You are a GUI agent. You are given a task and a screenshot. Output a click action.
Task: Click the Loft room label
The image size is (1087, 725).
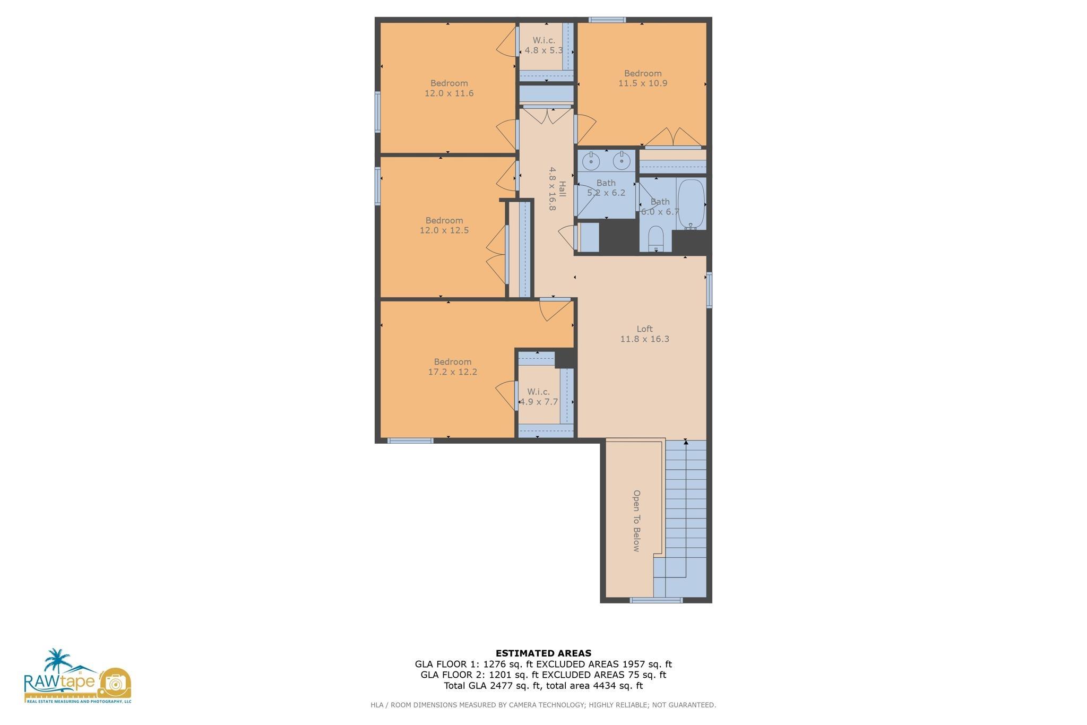click(x=644, y=329)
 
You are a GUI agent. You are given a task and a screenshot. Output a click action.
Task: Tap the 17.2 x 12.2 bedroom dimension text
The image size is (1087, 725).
click(x=453, y=372)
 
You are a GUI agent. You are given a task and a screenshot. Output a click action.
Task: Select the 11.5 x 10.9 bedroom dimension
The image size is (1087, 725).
click(x=643, y=83)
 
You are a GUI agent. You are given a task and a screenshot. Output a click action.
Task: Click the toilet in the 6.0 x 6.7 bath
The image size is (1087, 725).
click(x=656, y=239)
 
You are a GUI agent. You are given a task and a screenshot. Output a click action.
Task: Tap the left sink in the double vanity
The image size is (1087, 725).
click(x=591, y=160)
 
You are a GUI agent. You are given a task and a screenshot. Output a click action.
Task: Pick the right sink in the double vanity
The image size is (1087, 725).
click(x=621, y=160)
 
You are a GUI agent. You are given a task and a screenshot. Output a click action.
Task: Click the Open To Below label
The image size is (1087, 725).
click(x=636, y=521)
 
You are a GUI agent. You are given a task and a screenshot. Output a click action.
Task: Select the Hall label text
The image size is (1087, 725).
click(x=562, y=189)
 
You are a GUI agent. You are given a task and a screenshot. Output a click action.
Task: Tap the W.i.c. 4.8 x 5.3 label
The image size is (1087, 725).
click(x=544, y=46)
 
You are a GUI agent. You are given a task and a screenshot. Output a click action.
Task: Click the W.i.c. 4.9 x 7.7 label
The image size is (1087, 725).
click(x=539, y=397)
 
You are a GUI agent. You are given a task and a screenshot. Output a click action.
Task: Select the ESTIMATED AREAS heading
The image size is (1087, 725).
click(x=543, y=653)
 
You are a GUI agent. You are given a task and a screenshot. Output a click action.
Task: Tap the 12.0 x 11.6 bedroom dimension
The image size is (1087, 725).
click(x=449, y=93)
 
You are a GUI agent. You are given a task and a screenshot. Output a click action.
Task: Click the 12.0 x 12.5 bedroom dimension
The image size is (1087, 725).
click(x=444, y=230)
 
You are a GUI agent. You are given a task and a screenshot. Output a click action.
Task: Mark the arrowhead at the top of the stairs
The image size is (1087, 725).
click(x=686, y=442)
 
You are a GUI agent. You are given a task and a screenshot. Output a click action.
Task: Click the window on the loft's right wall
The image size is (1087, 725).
click(x=709, y=290)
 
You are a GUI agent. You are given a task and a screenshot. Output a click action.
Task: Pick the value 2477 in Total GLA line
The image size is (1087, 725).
click(x=494, y=685)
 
